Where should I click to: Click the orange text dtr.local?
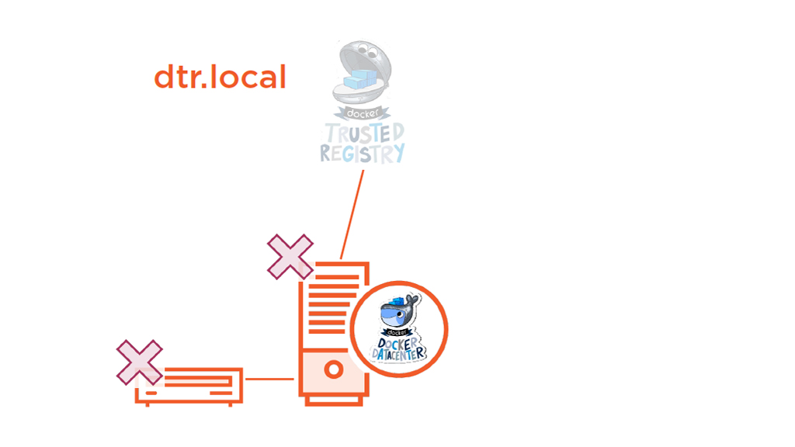(x=220, y=78)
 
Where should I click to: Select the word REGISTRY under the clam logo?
(x=363, y=152)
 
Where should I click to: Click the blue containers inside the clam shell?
(x=358, y=78)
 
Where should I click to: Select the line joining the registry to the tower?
(x=352, y=213)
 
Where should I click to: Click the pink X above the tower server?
(x=290, y=256)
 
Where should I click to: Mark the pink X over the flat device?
(x=139, y=362)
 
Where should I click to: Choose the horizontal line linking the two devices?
(x=269, y=379)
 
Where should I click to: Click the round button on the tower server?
(x=333, y=369)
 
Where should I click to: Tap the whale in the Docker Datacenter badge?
(x=398, y=314)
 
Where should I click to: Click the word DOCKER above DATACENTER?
(x=398, y=344)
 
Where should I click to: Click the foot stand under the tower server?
(x=333, y=400)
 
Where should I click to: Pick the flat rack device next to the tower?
(x=189, y=386)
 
